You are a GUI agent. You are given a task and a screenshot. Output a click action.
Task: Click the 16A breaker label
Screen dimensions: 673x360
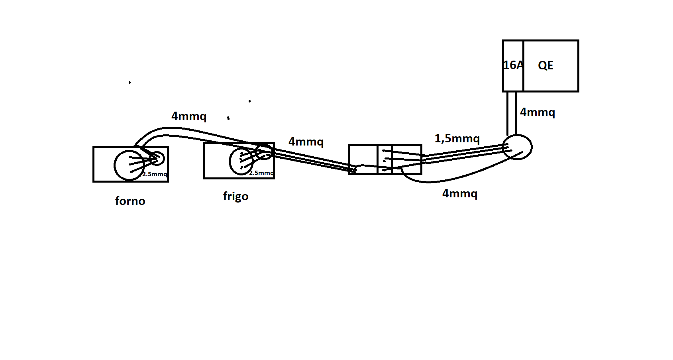click(513, 65)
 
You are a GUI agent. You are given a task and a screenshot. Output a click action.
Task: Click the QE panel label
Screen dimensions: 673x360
click(545, 65)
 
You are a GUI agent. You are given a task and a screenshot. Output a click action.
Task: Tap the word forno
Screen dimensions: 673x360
click(130, 201)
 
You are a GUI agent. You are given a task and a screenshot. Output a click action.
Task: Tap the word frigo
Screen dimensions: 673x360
click(236, 197)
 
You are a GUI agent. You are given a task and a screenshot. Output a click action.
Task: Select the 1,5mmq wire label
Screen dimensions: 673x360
click(457, 138)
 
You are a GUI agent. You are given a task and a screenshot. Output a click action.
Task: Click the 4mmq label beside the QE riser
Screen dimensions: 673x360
click(538, 112)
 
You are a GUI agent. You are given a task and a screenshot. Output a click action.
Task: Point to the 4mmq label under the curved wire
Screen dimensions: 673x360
click(460, 193)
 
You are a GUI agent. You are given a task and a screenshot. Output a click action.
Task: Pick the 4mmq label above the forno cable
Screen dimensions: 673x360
click(189, 116)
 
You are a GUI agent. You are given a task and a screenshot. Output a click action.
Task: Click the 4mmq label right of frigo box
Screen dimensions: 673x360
click(306, 142)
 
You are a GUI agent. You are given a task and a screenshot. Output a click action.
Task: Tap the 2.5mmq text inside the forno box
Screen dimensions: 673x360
click(155, 174)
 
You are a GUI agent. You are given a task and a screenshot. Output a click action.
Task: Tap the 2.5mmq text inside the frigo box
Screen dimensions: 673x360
click(261, 173)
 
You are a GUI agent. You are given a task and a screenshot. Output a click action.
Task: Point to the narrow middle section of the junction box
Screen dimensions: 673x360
click(385, 159)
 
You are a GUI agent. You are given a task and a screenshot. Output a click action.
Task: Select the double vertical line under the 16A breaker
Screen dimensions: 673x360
click(512, 114)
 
